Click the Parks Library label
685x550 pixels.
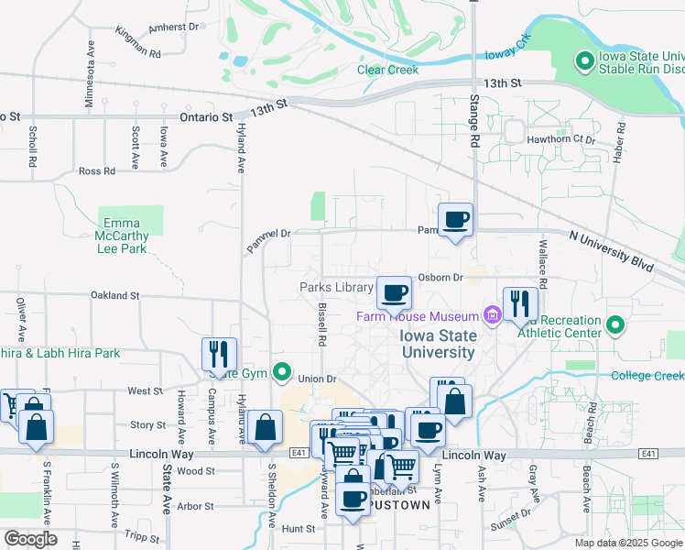pyautogui.click(x=336, y=287)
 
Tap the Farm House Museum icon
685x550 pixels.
pyautogui.click(x=493, y=316)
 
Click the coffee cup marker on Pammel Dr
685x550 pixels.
pyautogui.click(x=455, y=220)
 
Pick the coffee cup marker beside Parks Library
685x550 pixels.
pyautogui.click(x=394, y=293)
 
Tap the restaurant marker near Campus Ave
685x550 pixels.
pyautogui.click(x=220, y=355)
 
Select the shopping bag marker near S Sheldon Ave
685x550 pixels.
pyautogui.click(x=265, y=427)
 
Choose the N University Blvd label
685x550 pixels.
pyautogui.click(x=611, y=250)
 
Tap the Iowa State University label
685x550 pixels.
pyautogui.click(x=438, y=344)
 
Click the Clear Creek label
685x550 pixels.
pyautogui.click(x=387, y=70)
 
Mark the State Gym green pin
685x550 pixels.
pyautogui.click(x=283, y=372)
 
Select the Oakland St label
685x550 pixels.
pyautogui.click(x=114, y=296)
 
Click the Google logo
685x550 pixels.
pyautogui.click(x=30, y=539)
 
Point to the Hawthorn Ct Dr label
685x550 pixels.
pyautogui.click(x=561, y=139)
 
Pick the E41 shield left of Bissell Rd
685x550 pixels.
pyautogui.click(x=298, y=453)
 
